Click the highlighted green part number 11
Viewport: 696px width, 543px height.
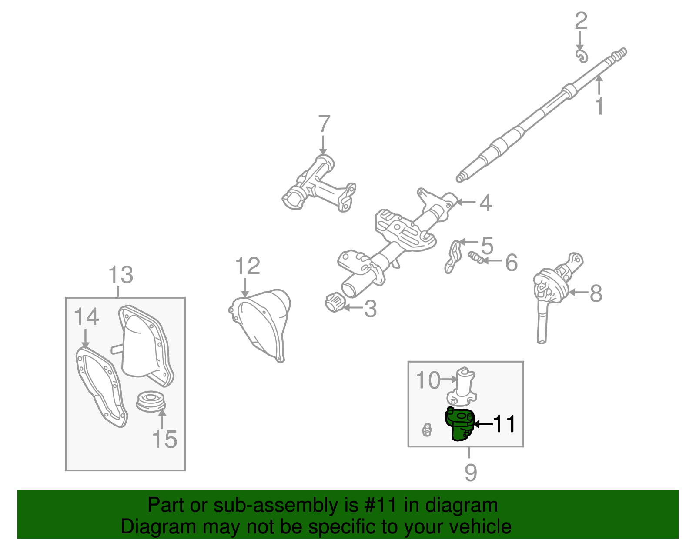(x=458, y=424)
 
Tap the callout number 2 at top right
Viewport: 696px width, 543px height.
(x=581, y=21)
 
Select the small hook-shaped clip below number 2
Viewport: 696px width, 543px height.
(x=582, y=56)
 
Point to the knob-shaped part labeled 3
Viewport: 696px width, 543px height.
(x=334, y=302)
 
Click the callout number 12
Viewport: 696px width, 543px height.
(x=247, y=266)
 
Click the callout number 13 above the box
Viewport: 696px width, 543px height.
(x=120, y=275)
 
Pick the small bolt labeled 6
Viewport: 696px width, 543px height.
(x=475, y=257)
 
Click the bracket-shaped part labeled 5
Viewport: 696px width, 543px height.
(x=452, y=257)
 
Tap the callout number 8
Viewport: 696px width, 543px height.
(x=596, y=293)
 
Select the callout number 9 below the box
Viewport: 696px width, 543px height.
(x=470, y=472)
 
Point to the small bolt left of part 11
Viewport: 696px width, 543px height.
(x=427, y=430)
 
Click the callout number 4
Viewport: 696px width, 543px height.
(x=485, y=203)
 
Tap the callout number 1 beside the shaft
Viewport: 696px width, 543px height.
(x=599, y=106)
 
